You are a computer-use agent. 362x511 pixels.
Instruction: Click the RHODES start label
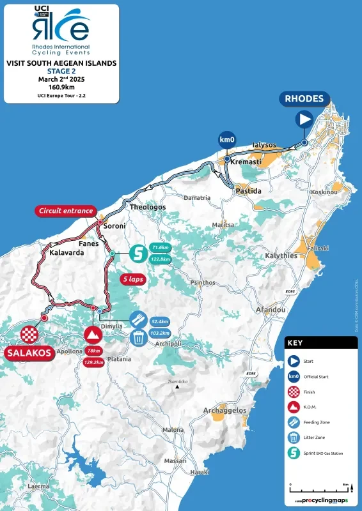coord(304,99)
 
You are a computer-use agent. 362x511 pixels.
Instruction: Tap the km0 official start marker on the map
coord(226,139)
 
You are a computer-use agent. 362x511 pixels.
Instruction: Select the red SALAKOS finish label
coord(30,352)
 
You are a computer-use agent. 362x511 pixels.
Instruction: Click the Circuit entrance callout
coord(67,211)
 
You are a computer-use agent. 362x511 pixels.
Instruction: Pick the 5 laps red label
coord(133,279)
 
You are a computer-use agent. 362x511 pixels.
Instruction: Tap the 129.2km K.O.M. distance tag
coord(93,363)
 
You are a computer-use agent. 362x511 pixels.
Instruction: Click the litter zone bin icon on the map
coord(138,339)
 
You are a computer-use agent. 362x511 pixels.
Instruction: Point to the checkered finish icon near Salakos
coord(29,334)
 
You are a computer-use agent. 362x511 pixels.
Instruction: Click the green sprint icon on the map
coord(138,253)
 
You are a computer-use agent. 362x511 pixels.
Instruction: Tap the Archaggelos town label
coord(224,410)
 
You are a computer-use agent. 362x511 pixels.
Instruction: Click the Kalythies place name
coord(281,256)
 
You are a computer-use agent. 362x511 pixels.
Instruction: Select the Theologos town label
coord(148,208)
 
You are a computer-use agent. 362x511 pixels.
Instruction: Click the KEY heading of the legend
coord(295,342)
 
